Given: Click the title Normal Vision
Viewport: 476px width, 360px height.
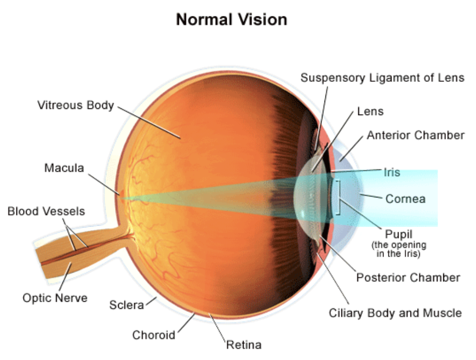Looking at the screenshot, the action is [231, 19].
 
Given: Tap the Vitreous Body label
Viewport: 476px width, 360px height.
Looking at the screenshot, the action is [75, 106].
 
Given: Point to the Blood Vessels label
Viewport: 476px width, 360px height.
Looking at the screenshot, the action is [46, 211].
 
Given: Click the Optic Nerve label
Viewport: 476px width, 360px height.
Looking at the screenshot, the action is [55, 297].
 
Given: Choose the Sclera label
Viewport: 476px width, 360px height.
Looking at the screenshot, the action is [126, 305].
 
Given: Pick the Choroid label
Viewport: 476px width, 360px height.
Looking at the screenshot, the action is [154, 335].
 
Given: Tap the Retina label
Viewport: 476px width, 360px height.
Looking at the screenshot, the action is [244, 345].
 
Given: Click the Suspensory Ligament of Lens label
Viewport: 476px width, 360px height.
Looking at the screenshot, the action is [382, 78].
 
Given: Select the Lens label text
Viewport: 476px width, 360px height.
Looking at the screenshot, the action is [370, 111].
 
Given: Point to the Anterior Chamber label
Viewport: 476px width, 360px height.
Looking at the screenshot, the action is [416, 136].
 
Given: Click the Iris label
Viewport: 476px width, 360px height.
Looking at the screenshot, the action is [392, 172].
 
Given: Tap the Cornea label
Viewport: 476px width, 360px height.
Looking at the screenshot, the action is [405, 198].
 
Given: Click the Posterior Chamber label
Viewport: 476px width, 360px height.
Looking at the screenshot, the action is [408, 278].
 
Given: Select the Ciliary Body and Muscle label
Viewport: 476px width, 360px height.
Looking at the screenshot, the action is [395, 313].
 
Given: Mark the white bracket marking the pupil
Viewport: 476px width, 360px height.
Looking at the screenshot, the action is [337, 197].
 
